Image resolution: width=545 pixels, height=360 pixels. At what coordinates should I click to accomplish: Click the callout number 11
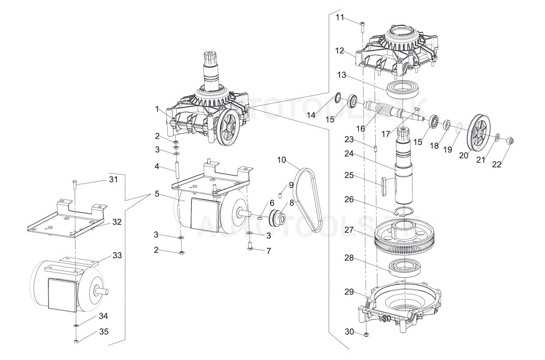pyautogui.click(x=340, y=17)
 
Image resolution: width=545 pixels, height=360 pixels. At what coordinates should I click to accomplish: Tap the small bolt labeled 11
pyautogui.click(x=362, y=27)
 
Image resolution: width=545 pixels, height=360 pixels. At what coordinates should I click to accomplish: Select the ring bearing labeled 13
pyautogui.click(x=402, y=89)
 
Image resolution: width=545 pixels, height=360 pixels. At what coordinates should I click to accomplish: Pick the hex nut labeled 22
pyautogui.click(x=510, y=140)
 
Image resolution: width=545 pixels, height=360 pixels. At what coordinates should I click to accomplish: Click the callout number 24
pyautogui.click(x=349, y=154)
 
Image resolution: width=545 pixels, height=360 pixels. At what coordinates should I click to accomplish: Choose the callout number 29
pyautogui.click(x=349, y=291)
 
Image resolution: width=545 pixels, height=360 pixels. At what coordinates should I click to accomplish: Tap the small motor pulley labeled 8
pyautogui.click(x=277, y=217)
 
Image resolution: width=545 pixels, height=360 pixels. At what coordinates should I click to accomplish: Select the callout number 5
pyautogui.click(x=157, y=194)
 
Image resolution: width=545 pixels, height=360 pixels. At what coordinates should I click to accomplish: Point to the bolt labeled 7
pyautogui.click(x=251, y=247)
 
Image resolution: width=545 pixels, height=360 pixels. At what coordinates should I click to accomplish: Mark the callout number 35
pyautogui.click(x=104, y=332)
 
